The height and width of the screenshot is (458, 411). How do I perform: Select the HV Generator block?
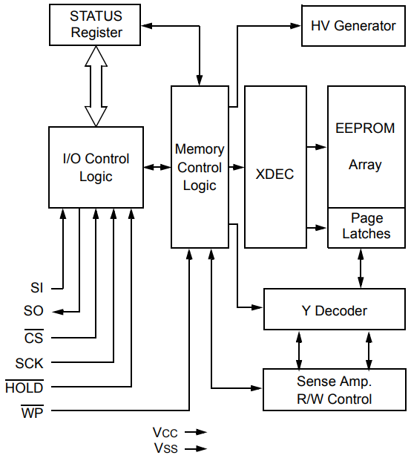pyautogui.click(x=352, y=26)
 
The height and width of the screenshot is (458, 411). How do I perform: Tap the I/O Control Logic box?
pyautogui.click(x=95, y=167)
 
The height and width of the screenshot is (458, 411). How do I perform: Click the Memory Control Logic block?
pyautogui.click(x=199, y=167)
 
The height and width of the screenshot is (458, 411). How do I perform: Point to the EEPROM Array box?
pyautogui.click(x=365, y=146)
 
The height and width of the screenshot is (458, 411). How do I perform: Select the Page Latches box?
pyautogui.click(x=365, y=226)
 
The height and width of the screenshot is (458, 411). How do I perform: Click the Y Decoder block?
pyautogui.click(x=334, y=310)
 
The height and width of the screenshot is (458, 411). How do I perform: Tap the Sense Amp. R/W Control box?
pyautogui.click(x=334, y=390)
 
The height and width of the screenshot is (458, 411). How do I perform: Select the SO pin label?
pyautogui.click(x=34, y=312)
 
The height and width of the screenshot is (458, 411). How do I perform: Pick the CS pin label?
pyautogui.click(x=34, y=338)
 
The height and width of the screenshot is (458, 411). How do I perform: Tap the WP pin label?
pyautogui.click(x=32, y=412)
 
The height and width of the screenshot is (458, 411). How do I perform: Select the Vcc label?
pyautogui.click(x=165, y=432)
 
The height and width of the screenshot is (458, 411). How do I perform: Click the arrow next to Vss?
pyautogui.click(x=196, y=448)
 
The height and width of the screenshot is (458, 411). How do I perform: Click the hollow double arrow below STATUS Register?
pyautogui.click(x=95, y=85)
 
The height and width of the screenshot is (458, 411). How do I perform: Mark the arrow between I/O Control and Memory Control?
pyautogui.click(x=157, y=167)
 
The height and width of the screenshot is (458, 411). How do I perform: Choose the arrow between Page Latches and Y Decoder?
pyautogui.click(x=361, y=268)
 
